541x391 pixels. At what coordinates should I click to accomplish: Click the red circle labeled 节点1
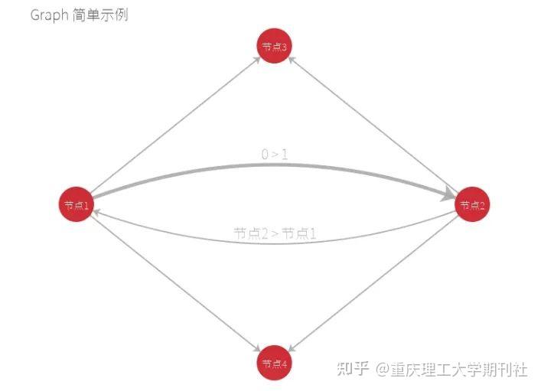click(x=77, y=204)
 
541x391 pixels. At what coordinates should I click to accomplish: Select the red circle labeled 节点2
click(x=472, y=204)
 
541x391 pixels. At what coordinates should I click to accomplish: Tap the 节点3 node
click(x=274, y=47)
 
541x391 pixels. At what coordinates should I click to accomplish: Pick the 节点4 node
click(x=274, y=363)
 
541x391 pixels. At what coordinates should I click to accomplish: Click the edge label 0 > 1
click(x=275, y=155)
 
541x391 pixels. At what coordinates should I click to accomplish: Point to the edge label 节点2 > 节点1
click(x=275, y=233)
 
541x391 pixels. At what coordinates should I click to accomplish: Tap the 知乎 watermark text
click(x=354, y=369)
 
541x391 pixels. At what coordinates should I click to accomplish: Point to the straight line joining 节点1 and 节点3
click(x=174, y=126)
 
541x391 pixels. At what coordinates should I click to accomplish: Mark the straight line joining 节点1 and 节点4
click(x=174, y=283)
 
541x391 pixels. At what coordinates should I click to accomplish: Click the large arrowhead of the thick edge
click(x=449, y=196)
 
